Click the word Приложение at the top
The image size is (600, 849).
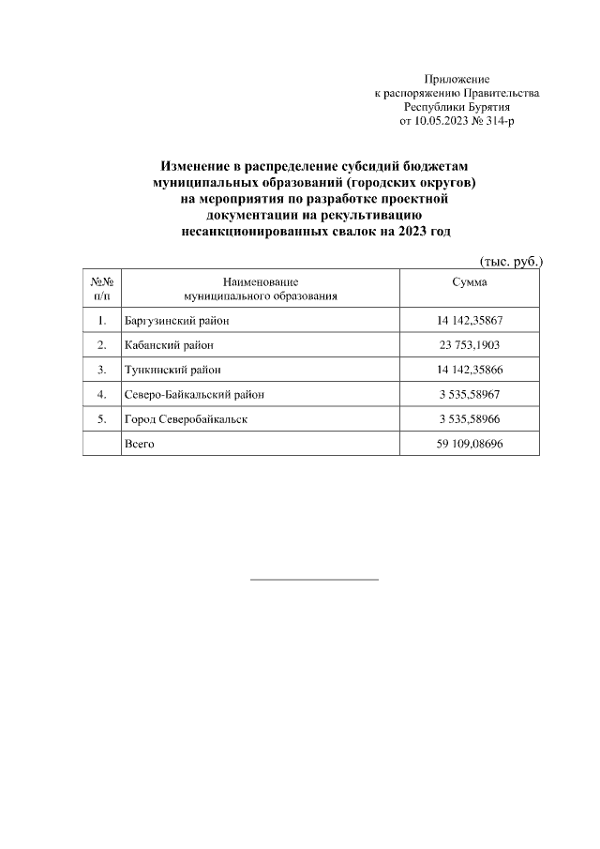click(x=457, y=80)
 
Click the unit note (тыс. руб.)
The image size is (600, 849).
click(x=511, y=261)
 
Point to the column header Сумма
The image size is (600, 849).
click(x=470, y=281)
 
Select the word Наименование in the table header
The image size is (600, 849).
click(x=261, y=281)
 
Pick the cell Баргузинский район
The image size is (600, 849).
click(x=177, y=321)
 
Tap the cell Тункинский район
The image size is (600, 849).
click(x=172, y=370)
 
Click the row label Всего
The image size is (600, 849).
click(x=139, y=443)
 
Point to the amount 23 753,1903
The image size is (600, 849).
click(x=470, y=345)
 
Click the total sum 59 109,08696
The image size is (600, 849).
click(x=470, y=443)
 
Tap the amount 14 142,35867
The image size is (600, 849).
click(x=470, y=321)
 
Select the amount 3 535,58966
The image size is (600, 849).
click(x=470, y=418)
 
